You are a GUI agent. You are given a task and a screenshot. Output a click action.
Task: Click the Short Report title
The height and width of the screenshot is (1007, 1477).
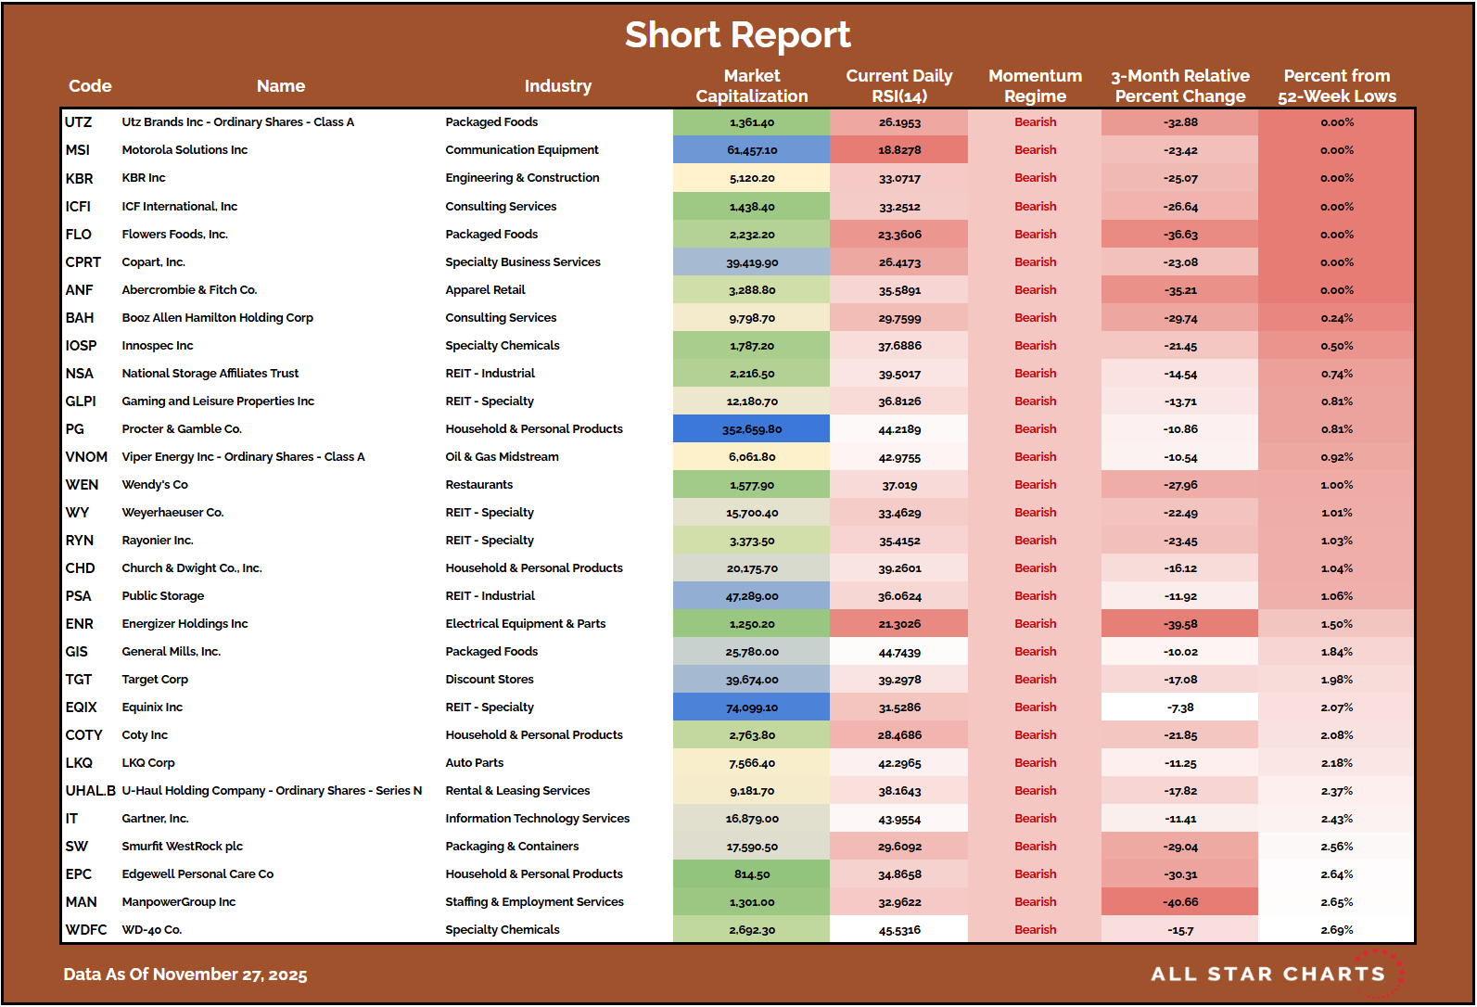click(737, 35)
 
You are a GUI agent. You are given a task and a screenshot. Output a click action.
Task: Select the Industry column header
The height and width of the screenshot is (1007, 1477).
click(557, 86)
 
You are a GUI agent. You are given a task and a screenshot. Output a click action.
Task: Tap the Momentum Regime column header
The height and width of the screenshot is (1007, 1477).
click(1035, 86)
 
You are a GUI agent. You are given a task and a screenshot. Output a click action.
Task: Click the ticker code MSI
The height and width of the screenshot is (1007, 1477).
click(78, 150)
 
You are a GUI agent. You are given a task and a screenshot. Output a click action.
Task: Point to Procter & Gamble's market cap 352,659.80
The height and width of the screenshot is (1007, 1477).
click(751, 429)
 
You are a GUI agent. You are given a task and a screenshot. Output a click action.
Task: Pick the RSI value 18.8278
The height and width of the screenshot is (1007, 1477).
click(899, 150)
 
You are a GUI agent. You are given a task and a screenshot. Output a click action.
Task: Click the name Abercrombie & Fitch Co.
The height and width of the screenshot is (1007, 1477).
click(189, 290)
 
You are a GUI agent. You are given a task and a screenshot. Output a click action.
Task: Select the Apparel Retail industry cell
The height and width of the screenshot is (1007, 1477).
click(485, 290)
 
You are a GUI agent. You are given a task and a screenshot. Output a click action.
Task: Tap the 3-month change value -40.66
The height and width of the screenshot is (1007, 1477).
click(1180, 902)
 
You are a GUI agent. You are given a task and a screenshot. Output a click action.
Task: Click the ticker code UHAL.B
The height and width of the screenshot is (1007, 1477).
click(90, 791)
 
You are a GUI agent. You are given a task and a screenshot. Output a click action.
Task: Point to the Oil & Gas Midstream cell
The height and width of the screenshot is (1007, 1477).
click(502, 457)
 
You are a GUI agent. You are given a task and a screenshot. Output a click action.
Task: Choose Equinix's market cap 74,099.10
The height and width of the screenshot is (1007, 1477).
click(751, 707)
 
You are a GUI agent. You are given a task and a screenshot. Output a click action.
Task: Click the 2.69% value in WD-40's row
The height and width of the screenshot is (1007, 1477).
click(1336, 930)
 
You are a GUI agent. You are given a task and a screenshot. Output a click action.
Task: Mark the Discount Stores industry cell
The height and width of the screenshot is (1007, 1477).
click(489, 680)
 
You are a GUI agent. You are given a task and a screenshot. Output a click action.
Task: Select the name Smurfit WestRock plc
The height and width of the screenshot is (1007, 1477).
click(182, 847)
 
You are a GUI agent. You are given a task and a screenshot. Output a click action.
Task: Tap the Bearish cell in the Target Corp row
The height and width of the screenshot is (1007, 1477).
click(1035, 680)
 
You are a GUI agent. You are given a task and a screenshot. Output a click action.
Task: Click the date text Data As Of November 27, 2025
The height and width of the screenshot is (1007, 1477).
click(185, 975)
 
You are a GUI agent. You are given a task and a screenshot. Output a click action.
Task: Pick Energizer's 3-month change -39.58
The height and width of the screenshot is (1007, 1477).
click(1180, 624)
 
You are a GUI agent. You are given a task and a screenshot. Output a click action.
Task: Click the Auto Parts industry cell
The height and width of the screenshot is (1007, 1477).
click(474, 763)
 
